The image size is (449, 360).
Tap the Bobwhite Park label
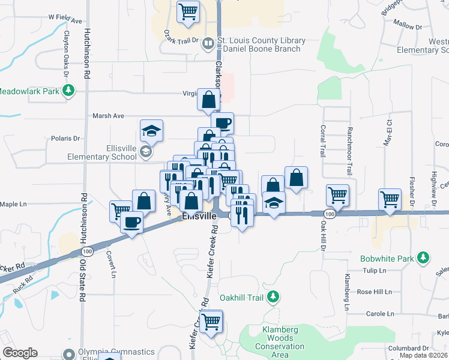pyautogui.click(x=388, y=259)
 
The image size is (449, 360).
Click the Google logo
pyautogui.click(x=20, y=353)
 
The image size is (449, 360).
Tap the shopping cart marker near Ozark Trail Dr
pyautogui.click(x=188, y=11)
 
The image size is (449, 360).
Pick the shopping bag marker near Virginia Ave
pyautogui.click(x=209, y=100)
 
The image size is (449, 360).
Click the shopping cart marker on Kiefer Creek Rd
pyautogui.click(x=211, y=322)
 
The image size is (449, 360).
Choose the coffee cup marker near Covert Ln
pyautogui.click(x=131, y=221)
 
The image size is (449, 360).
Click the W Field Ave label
pyautogui.click(x=65, y=20)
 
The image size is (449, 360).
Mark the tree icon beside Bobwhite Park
pyautogui.click(x=424, y=258)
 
